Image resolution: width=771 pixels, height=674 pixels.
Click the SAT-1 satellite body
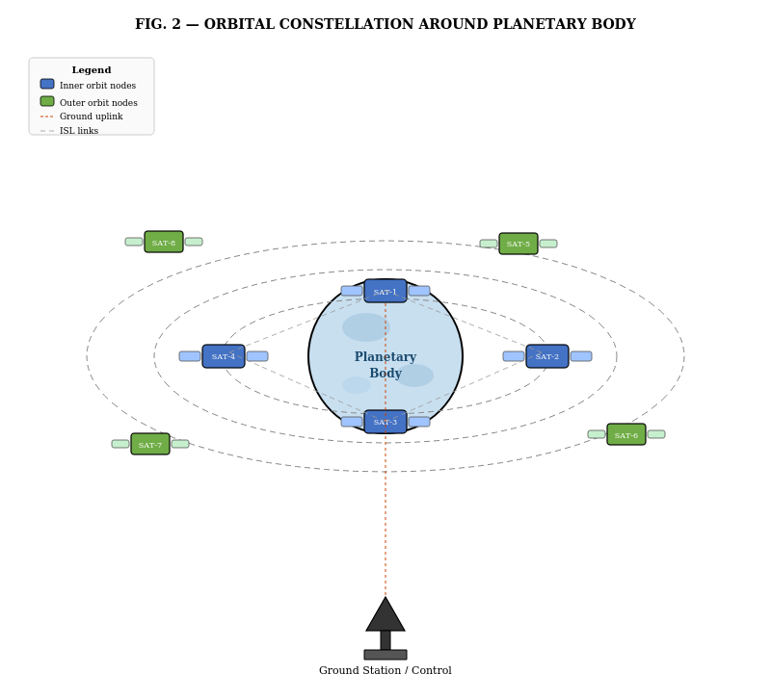coord(385,291)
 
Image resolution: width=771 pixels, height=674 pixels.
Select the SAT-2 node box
coord(547,356)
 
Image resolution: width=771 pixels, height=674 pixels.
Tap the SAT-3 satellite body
coord(385,422)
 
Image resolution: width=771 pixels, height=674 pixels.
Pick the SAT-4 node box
coord(224,356)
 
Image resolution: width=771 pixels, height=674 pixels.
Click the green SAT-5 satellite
coord(518,244)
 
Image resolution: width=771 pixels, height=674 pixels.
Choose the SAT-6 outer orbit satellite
coord(626,434)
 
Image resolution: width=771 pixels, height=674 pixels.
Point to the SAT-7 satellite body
coord(150,444)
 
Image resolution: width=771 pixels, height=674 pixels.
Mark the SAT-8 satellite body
coord(164,242)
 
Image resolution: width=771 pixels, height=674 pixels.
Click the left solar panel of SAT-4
coord(190,356)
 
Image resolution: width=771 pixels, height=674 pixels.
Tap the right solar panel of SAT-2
coord(581,356)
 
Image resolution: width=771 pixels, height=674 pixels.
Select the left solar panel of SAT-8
coord(134,242)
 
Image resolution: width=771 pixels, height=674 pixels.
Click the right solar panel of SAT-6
coord(656,434)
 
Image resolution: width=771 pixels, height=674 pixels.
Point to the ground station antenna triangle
coord(385,614)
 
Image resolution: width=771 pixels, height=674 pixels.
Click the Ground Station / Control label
coord(385,669)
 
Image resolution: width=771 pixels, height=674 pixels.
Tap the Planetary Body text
coord(385,365)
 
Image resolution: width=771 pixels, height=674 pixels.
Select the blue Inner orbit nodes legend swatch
coord(47,84)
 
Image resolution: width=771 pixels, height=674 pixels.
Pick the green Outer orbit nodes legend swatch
coord(47,101)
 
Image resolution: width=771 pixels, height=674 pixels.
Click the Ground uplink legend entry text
coord(92,117)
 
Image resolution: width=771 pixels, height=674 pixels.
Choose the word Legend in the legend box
coord(92,69)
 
